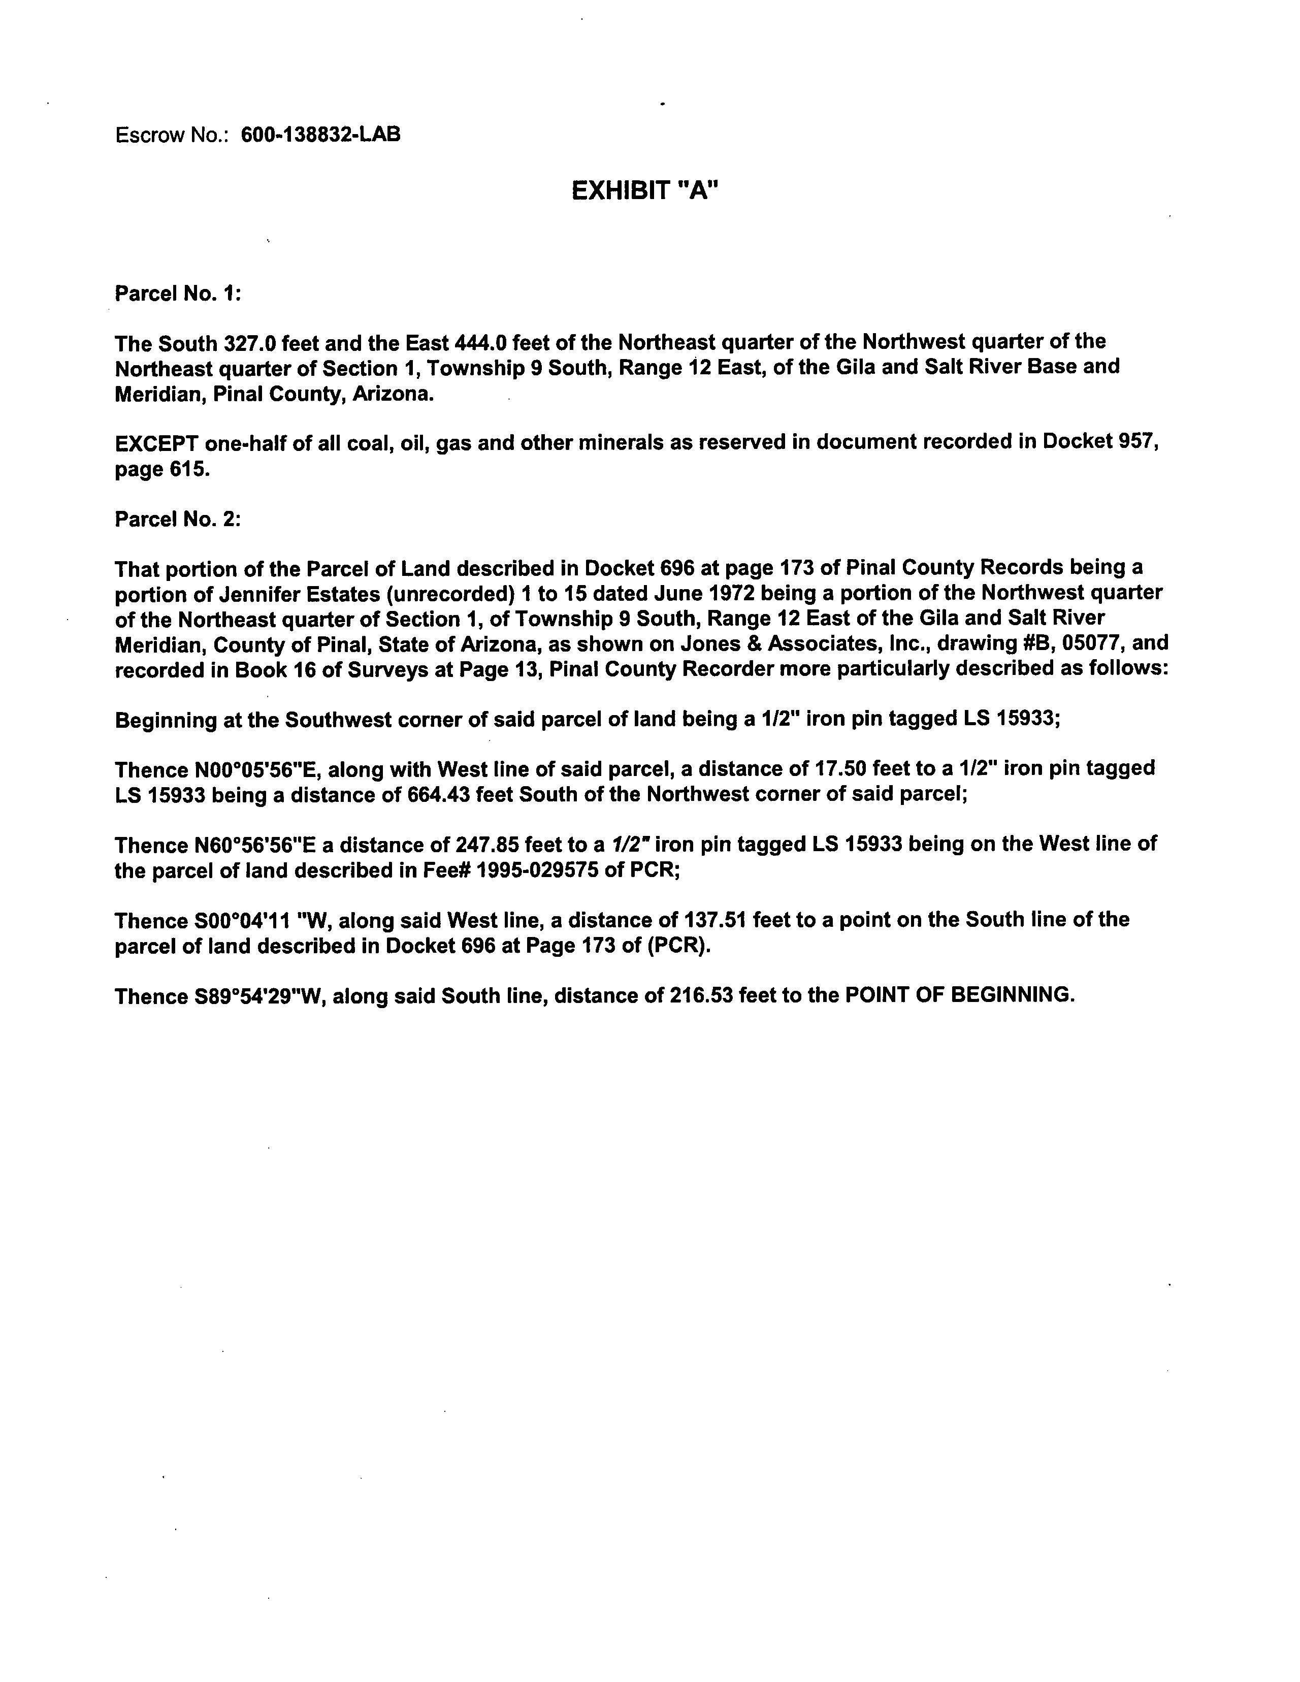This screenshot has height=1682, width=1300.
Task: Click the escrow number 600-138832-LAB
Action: tap(320, 135)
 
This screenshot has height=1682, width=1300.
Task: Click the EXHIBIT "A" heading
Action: tap(644, 190)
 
